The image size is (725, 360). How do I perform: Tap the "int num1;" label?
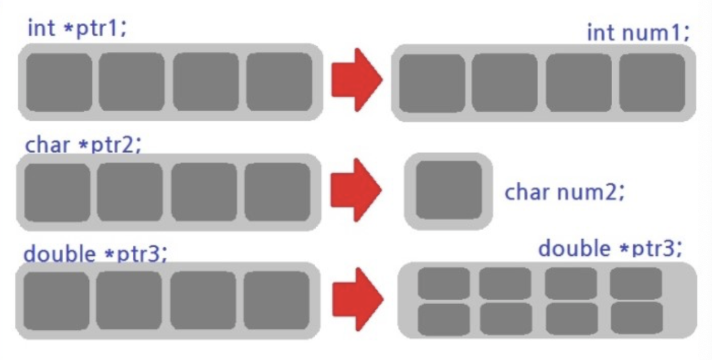(638, 32)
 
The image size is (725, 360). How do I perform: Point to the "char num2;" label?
(564, 192)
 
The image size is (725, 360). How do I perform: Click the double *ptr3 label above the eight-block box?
(609, 248)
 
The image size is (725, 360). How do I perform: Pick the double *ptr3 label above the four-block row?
(95, 254)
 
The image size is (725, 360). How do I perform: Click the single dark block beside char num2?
(449, 190)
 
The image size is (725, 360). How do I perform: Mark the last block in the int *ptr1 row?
(279, 82)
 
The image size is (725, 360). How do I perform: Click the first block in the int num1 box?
(431, 83)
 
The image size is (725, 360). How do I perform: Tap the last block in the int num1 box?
(652, 83)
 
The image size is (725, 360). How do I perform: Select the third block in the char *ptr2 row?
(204, 192)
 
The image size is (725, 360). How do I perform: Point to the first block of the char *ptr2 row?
(57, 192)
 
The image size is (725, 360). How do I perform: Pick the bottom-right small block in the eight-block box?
(636, 318)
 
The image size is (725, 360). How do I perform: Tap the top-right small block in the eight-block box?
(636, 283)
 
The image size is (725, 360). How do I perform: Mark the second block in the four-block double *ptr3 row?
(129, 300)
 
